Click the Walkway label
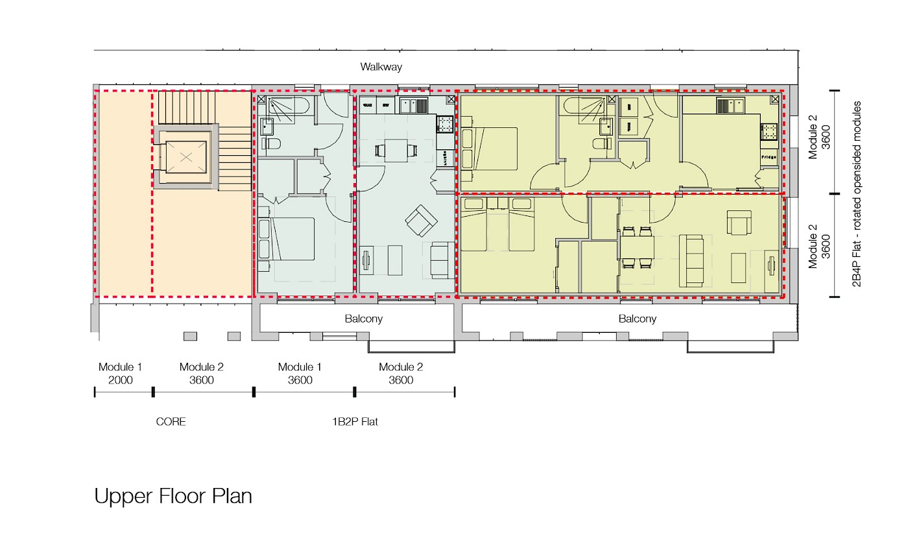point(381,66)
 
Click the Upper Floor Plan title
point(173,496)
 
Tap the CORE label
point(171,422)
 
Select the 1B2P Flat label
point(355,422)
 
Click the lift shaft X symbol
point(186,157)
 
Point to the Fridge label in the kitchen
point(769,157)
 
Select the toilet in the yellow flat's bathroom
point(602,143)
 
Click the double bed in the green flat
point(286,239)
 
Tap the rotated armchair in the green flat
point(421,221)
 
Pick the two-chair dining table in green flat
point(396,151)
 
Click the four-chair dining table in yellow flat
point(637,247)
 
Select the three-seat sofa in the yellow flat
point(691,260)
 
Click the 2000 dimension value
point(121,380)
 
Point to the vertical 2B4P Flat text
point(857,194)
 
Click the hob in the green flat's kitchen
point(445,124)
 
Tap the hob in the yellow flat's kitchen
point(769,131)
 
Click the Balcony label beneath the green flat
point(364,319)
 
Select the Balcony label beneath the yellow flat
point(637,319)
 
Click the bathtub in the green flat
point(289,106)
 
